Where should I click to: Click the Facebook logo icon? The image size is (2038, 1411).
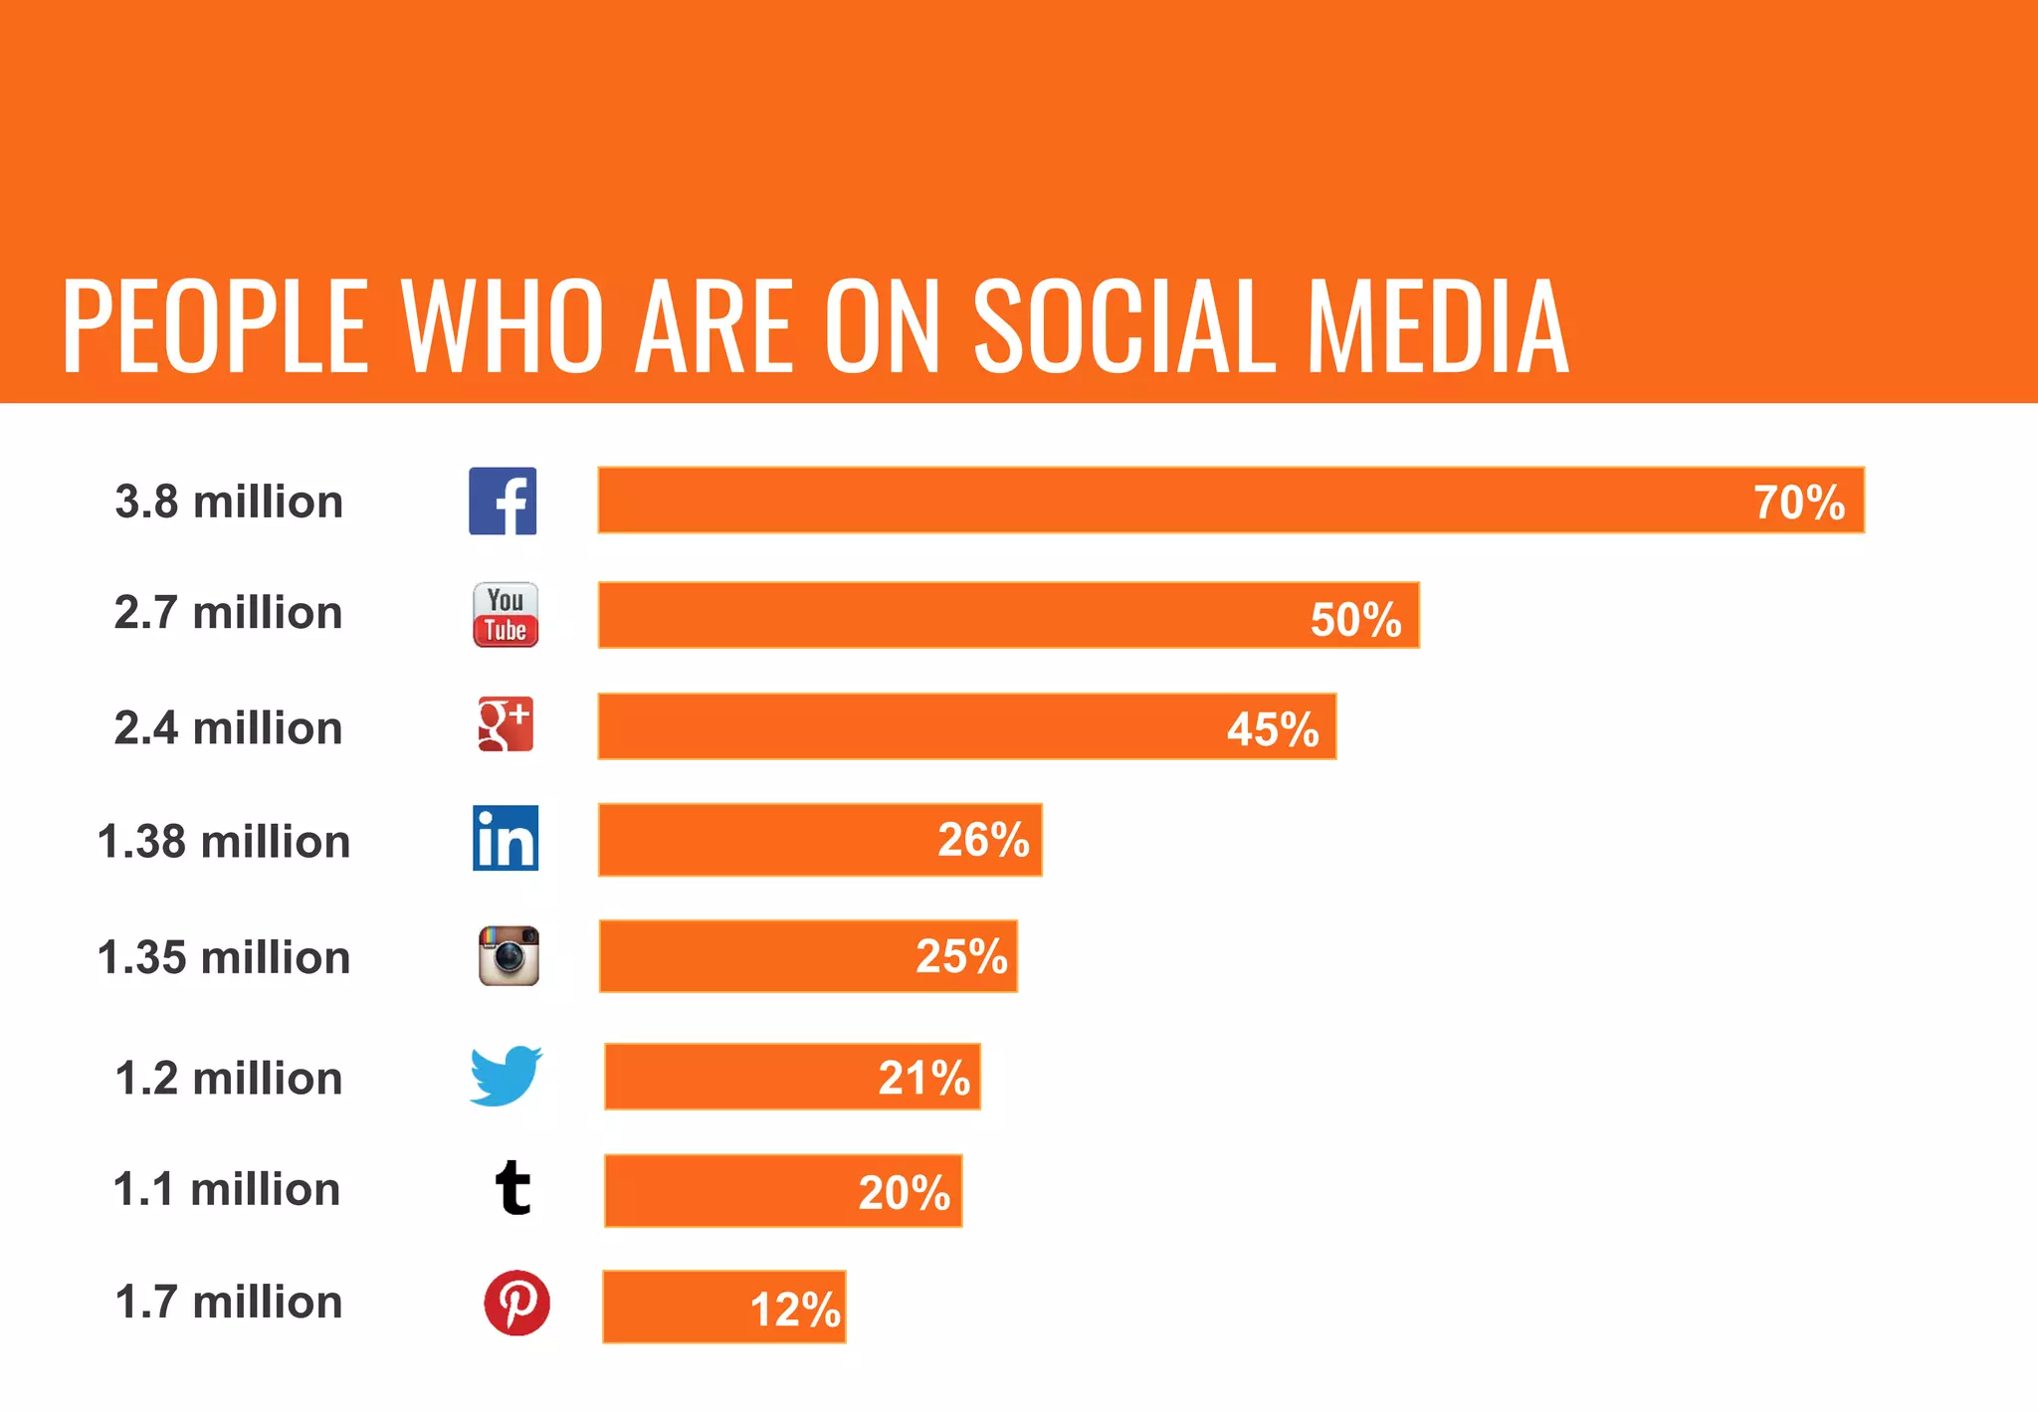(x=503, y=501)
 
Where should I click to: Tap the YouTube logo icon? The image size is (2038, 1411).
(x=506, y=615)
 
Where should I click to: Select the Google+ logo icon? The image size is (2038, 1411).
(x=506, y=724)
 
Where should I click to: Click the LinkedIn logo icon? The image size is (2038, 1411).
(x=506, y=838)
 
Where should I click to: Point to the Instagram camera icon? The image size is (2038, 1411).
(x=509, y=956)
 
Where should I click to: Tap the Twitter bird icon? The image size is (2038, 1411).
(x=507, y=1076)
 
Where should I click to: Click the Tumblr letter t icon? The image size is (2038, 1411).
(x=513, y=1188)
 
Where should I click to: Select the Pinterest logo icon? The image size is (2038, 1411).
(x=516, y=1303)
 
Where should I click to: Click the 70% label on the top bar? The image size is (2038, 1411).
(x=1798, y=503)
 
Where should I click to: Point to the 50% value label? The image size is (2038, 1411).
(x=1355, y=619)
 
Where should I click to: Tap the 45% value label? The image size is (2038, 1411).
(x=1272, y=729)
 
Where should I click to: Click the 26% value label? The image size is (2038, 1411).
(x=983, y=840)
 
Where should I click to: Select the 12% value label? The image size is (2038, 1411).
(x=795, y=1310)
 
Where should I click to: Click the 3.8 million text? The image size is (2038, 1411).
(x=229, y=502)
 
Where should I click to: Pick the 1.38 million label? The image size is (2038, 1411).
(x=224, y=842)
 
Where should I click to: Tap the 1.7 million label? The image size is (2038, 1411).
(x=229, y=1302)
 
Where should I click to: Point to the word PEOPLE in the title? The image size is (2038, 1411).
(x=215, y=326)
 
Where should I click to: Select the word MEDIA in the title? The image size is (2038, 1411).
(x=1438, y=326)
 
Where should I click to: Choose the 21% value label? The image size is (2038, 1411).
(x=923, y=1078)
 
